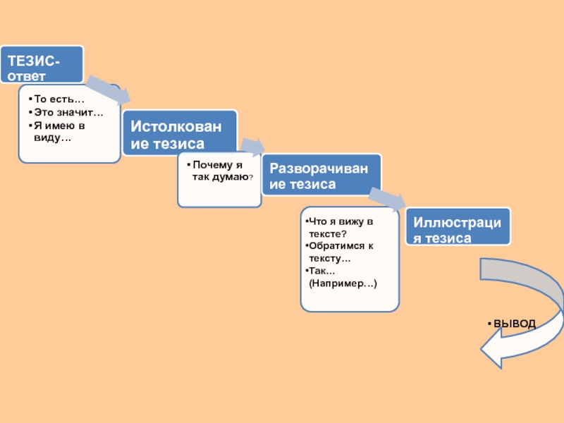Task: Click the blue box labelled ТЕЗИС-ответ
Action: coord(42,64)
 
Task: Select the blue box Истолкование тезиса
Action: coord(180,133)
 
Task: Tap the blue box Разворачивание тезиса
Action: coord(321,175)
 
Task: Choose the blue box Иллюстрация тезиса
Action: coord(457,227)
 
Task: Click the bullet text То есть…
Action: coord(59,102)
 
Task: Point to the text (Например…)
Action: coord(343,283)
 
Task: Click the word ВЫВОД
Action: coord(515,324)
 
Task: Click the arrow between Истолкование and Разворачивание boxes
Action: coord(251,146)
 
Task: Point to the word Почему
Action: coord(212,165)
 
